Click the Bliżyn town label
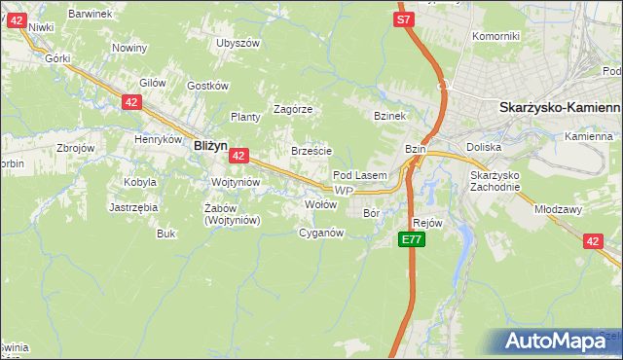coord(210,145)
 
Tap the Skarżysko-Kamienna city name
coord(560,110)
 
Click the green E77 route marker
coord(411,239)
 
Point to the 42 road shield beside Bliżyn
coord(239,155)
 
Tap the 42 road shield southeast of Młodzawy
coord(593,241)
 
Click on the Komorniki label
coord(495,36)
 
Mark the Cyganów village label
coord(321,234)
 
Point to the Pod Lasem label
coord(360,175)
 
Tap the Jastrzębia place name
coord(133,207)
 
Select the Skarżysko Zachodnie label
coord(496,181)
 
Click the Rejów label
coord(427,223)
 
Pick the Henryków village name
coord(159,139)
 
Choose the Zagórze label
coord(292,109)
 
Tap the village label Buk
coord(165,234)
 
